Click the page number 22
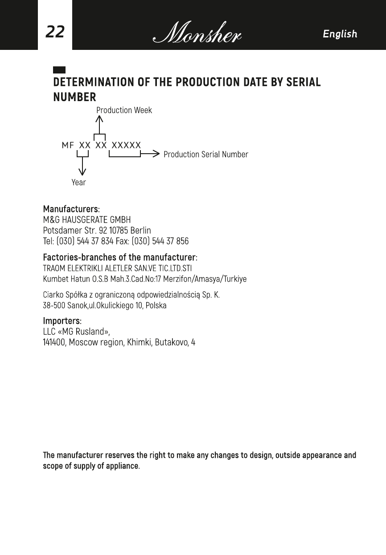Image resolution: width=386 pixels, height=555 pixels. tap(55, 32)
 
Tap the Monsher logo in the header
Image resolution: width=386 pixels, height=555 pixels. tap(197, 33)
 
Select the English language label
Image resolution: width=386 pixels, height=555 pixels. tap(340, 34)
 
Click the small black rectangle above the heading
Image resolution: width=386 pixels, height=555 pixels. tap(59, 70)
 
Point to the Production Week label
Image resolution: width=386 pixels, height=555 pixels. tap(124, 110)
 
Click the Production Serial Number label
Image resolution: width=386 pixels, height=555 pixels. tap(205, 155)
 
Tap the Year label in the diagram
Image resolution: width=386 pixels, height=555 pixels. tap(78, 182)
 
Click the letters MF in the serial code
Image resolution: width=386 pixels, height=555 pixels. tap(68, 145)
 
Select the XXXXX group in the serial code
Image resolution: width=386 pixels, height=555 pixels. tap(126, 145)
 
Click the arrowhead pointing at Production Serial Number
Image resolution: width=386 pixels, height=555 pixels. tap(156, 154)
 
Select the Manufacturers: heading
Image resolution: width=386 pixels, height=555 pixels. tap(71, 209)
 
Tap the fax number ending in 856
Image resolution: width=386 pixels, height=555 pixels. tap(170, 241)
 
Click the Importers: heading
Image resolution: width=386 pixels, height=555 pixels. tap(62, 321)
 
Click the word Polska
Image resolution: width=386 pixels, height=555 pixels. tap(156, 306)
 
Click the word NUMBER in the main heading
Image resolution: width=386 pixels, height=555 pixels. tap(74, 97)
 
